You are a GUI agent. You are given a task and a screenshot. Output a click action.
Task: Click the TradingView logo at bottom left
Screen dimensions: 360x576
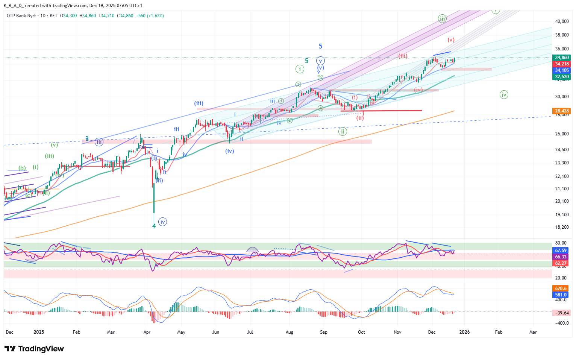35,349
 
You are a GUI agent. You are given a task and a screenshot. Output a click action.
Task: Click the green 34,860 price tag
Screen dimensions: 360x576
562,58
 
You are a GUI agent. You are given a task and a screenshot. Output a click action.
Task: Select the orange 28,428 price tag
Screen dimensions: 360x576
562,111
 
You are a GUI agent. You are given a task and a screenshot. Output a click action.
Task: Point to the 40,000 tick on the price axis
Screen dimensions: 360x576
562,21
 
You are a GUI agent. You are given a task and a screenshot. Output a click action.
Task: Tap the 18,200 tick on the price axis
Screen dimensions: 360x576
562,227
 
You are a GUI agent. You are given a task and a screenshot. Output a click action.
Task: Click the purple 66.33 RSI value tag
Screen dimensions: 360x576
561,257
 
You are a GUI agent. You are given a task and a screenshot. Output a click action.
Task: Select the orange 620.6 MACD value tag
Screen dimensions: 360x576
561,289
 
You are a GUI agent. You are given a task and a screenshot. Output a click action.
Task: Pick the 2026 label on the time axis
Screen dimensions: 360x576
465,332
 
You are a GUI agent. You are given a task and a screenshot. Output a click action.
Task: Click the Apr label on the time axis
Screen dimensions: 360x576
147,332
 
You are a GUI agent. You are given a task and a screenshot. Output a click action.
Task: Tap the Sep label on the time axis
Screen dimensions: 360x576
324,332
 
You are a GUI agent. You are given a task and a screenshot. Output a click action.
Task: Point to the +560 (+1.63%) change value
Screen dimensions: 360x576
150,16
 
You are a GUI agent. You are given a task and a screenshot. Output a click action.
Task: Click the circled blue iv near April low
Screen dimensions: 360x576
162,222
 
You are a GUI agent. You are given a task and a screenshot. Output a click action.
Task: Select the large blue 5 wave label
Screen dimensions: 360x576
320,46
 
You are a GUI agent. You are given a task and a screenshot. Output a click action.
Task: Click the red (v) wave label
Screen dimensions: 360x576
451,40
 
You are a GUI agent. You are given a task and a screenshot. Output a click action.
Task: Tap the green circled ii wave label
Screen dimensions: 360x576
342,132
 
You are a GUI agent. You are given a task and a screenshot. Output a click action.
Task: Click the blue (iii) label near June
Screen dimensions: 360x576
199,103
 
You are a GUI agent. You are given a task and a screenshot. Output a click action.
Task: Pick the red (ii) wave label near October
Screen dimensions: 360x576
360,118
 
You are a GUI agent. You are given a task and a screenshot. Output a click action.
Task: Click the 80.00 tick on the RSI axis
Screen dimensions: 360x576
561,243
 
